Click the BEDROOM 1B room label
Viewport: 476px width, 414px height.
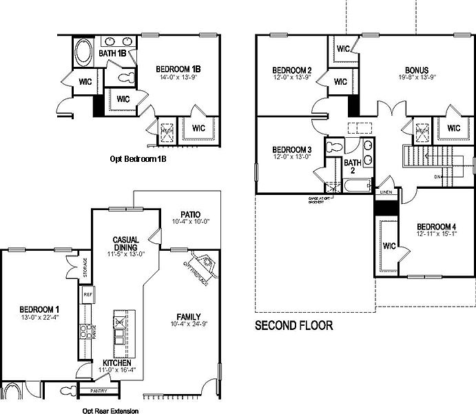(x=178, y=69)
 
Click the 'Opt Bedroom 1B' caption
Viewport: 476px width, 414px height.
(x=138, y=159)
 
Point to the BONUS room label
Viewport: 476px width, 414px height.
(x=417, y=70)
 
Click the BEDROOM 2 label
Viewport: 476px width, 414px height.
(x=292, y=70)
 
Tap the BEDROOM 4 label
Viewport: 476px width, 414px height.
(x=437, y=227)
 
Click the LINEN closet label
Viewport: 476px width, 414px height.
(x=386, y=194)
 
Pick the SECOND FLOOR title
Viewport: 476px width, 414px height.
(x=294, y=325)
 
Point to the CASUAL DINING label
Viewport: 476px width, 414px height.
(x=126, y=244)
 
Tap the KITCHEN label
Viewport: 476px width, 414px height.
(x=117, y=362)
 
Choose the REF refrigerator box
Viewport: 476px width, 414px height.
(x=87, y=294)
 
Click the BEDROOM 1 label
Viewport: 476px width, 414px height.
(x=39, y=309)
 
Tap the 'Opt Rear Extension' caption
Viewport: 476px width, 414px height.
(x=110, y=411)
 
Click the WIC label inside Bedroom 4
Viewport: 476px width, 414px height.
(x=389, y=245)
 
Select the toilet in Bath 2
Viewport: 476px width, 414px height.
(x=335, y=147)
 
